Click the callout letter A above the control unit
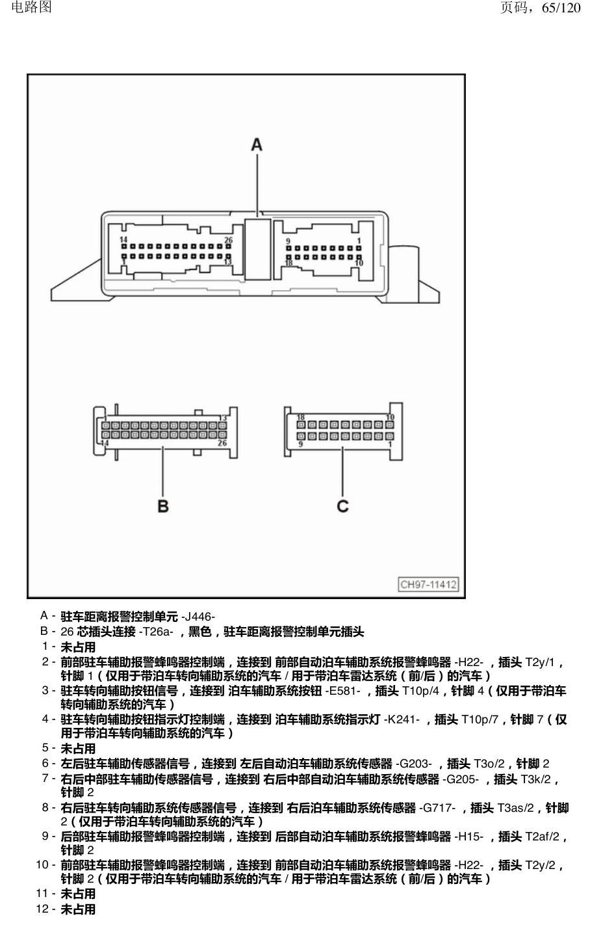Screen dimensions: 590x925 tap(257, 145)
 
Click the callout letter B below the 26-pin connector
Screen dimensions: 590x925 tap(163, 506)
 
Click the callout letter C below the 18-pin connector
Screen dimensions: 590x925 tap(343, 506)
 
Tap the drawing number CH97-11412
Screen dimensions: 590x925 tap(428, 584)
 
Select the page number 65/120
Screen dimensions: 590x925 tap(561, 7)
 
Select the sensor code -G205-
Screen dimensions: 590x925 tap(461, 779)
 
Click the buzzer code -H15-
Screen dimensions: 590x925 tap(468, 837)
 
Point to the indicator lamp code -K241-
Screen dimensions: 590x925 tap(402, 719)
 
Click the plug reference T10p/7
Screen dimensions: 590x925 tap(480, 719)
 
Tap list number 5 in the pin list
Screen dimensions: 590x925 tap(45, 747)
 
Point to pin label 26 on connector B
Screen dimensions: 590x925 tap(222, 443)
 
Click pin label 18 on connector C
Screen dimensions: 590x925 tap(301, 417)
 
